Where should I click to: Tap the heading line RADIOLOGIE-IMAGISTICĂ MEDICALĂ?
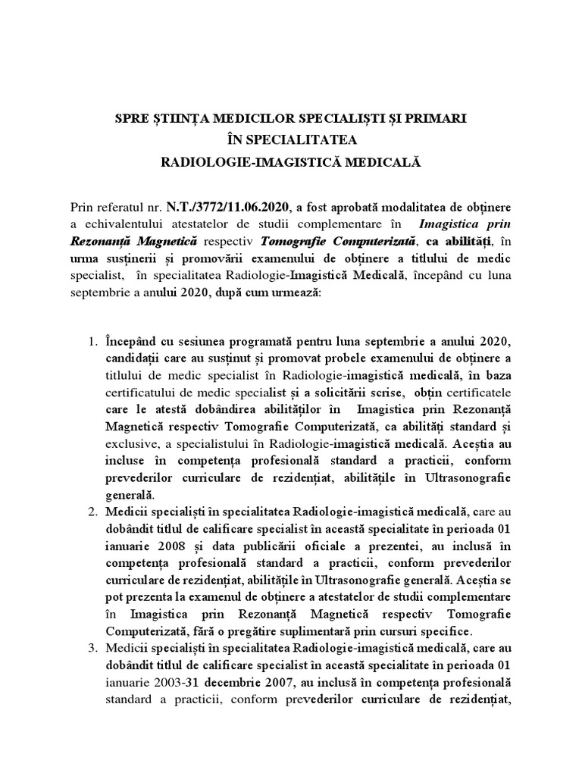[x=291, y=162]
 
